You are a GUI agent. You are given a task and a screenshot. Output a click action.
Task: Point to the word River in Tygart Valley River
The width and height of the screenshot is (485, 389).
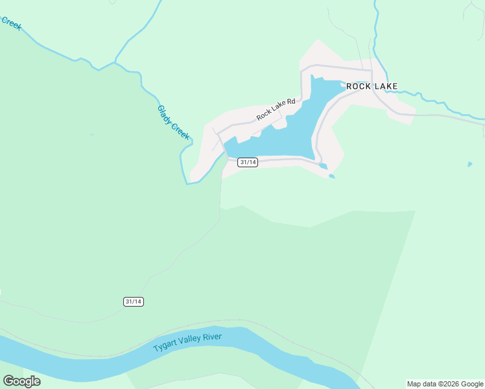(x=212, y=336)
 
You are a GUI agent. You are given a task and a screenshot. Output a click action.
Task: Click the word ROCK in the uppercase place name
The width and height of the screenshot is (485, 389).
(x=358, y=86)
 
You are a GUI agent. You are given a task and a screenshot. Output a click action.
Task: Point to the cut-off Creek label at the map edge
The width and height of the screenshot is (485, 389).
(x=10, y=24)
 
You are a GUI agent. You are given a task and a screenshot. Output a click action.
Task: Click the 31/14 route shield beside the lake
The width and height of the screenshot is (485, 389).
(x=248, y=162)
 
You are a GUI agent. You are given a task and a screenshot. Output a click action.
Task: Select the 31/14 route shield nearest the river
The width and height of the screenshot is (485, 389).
(x=133, y=301)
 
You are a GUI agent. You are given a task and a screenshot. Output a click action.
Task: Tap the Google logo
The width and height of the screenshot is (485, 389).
(x=21, y=381)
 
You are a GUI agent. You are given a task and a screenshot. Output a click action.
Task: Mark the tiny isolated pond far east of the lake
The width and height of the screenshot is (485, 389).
(x=469, y=165)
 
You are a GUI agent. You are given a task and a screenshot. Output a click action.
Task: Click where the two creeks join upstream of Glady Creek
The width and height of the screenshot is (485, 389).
(x=115, y=63)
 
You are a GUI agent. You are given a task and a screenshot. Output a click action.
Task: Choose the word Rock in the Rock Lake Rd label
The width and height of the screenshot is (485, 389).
(x=264, y=114)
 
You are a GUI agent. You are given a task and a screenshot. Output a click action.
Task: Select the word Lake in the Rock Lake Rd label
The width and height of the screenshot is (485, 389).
(x=278, y=107)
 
